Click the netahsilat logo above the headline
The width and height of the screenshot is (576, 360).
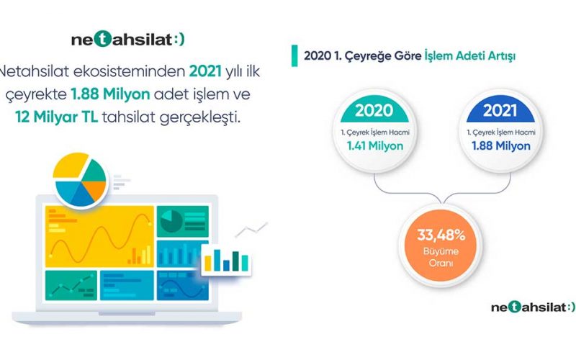tap(128, 40)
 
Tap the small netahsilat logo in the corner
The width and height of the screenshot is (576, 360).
tap(533, 307)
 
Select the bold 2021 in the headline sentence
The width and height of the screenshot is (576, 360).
tap(205, 71)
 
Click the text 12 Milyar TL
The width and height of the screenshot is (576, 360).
tap(57, 117)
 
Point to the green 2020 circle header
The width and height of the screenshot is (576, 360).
tap(374, 110)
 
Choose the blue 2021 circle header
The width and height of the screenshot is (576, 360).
tap(500, 110)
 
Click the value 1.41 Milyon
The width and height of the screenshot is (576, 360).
tap(375, 146)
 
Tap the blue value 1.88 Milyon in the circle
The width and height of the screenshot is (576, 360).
tap(501, 146)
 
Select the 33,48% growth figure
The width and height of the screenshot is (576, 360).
tap(441, 235)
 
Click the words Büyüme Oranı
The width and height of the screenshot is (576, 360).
tap(441, 257)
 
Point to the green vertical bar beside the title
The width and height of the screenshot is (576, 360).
tap(294, 56)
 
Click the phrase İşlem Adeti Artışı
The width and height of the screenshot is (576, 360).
tap(470, 56)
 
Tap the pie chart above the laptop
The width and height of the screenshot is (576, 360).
tap(80, 179)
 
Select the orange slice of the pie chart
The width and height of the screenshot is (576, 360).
tap(95, 190)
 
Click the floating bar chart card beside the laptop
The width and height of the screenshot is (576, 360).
tap(226, 259)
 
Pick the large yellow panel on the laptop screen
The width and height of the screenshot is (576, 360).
tap(99, 236)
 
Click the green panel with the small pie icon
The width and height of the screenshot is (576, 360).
tap(183, 221)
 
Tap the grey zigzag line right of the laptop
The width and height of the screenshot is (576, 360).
tap(251, 229)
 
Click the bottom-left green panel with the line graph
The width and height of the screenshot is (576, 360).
tap(71, 285)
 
